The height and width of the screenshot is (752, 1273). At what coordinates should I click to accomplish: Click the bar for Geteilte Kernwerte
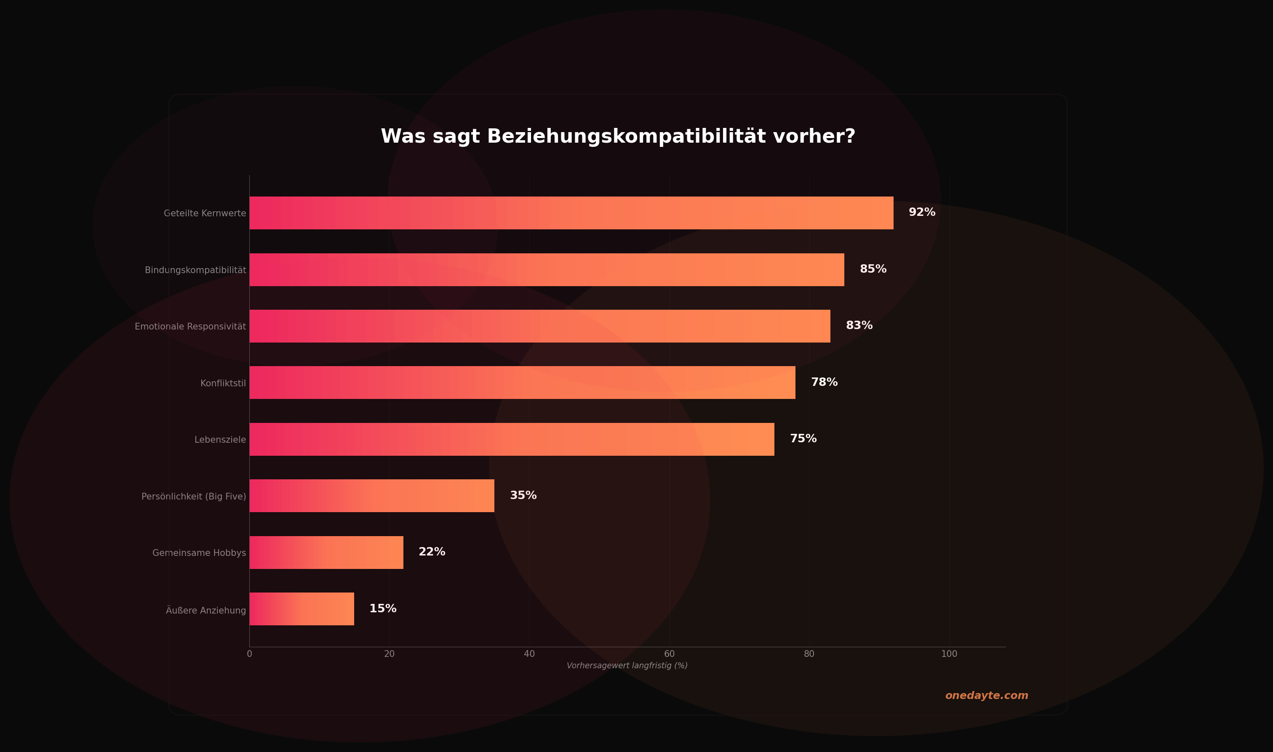pyautogui.click(x=571, y=213)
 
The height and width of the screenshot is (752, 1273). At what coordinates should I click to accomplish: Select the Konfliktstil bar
pyautogui.click(x=522, y=383)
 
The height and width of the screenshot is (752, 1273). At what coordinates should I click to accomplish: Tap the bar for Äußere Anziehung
pyautogui.click(x=302, y=609)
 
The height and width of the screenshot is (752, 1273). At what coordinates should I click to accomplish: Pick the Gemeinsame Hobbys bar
pyautogui.click(x=326, y=553)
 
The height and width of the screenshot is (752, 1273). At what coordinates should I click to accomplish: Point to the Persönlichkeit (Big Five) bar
pyautogui.click(x=371, y=496)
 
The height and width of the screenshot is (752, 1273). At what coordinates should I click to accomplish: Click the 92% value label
pyautogui.click(x=922, y=213)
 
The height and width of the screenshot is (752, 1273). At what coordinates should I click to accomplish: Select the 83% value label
pyautogui.click(x=859, y=325)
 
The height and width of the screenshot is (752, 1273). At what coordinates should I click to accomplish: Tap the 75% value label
pyautogui.click(x=803, y=439)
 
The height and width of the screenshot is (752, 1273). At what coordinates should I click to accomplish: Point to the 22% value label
pyautogui.click(x=432, y=552)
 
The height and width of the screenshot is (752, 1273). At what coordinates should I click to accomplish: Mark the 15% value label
pyautogui.click(x=383, y=609)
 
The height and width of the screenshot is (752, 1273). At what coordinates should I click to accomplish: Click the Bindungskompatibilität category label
pyautogui.click(x=195, y=270)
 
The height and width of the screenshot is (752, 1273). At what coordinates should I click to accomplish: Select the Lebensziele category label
pyautogui.click(x=220, y=440)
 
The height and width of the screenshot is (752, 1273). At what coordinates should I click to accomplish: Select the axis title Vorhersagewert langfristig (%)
pyautogui.click(x=627, y=666)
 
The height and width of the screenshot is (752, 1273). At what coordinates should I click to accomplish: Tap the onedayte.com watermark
pyautogui.click(x=987, y=696)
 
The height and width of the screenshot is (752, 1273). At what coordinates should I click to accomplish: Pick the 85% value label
pyautogui.click(x=873, y=269)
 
